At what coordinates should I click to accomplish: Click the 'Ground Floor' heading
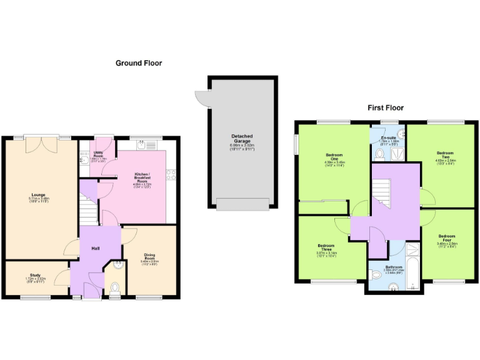(139, 63)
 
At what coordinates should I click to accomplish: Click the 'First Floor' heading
(385, 107)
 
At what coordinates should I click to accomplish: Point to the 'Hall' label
(96, 248)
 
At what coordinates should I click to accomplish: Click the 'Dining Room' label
(149, 256)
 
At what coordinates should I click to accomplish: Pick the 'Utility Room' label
(99, 153)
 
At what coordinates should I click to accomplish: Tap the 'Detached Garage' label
(241, 139)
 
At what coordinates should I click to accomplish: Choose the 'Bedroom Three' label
(326, 248)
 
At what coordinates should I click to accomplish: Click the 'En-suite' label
(388, 137)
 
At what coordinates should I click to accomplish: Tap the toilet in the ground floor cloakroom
(114, 287)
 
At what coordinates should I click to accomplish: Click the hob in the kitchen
(171, 176)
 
